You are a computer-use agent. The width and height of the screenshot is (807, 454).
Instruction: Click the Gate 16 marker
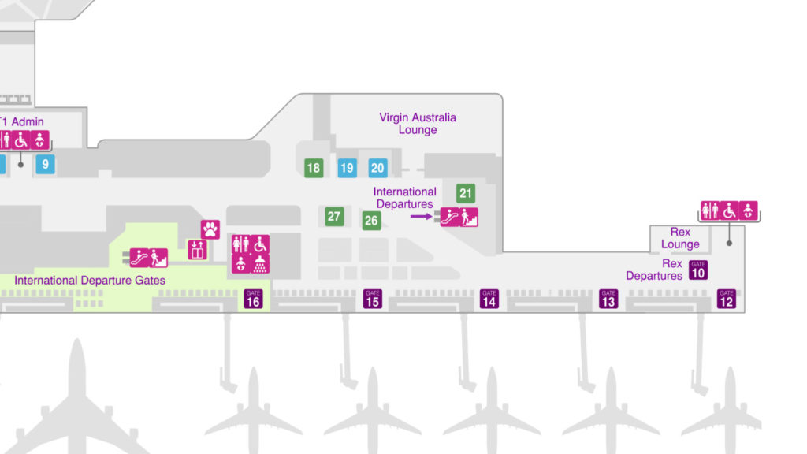click(x=253, y=299)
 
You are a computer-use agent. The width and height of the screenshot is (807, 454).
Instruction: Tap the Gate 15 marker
click(x=373, y=299)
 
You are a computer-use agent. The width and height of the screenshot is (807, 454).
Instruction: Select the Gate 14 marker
click(x=489, y=299)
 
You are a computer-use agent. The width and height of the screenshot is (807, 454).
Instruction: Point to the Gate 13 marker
click(x=608, y=299)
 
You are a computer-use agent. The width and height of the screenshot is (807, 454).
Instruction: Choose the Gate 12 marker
click(x=727, y=299)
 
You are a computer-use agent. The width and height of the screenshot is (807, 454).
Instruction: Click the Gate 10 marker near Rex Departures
click(x=698, y=270)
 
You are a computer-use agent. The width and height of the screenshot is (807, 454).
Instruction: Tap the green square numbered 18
click(x=314, y=168)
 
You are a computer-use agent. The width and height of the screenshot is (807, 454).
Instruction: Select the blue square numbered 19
click(x=348, y=168)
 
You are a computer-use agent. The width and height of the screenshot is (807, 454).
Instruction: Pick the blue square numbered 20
click(x=377, y=168)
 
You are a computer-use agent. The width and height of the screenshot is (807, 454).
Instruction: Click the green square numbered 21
click(x=466, y=193)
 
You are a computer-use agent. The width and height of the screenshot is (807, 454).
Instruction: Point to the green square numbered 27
click(x=334, y=216)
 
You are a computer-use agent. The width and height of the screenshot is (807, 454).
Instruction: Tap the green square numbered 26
click(x=372, y=221)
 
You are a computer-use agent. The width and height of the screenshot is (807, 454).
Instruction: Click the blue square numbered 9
click(x=45, y=164)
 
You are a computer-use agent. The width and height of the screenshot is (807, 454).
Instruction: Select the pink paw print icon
click(x=210, y=229)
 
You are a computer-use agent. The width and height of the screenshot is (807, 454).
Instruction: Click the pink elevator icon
click(x=197, y=250)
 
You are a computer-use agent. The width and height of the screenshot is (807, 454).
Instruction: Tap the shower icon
click(x=260, y=263)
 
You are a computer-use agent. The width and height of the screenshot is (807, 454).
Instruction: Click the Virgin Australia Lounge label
click(x=418, y=124)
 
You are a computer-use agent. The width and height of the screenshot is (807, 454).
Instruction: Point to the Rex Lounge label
click(x=680, y=238)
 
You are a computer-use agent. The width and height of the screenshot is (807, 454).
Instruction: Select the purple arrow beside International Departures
click(x=421, y=217)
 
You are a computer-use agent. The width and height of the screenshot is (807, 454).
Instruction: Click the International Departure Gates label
click(x=90, y=281)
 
